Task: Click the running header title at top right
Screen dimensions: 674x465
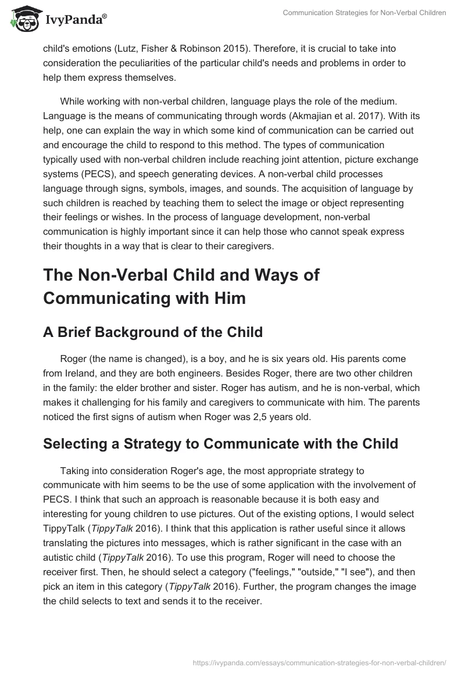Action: tap(364, 13)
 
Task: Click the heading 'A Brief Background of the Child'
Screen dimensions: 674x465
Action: tap(153, 332)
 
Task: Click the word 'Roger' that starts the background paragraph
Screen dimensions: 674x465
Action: tap(73, 358)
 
